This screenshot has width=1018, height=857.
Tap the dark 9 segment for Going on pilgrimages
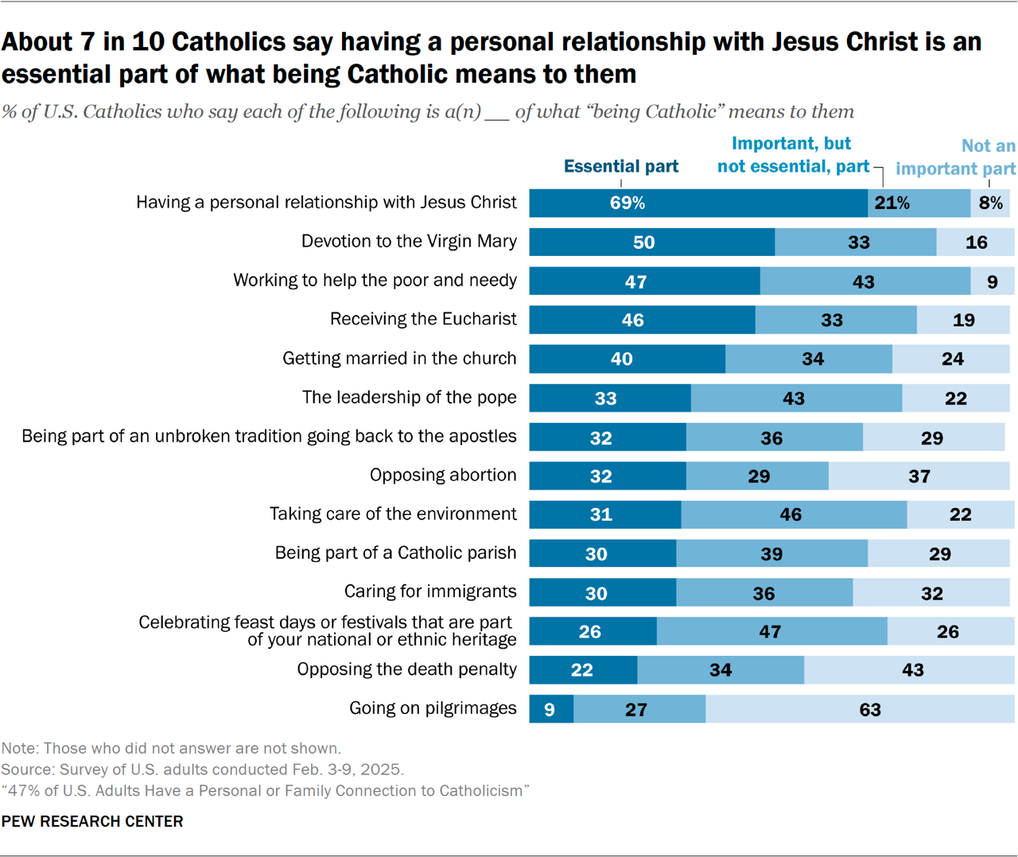coord(551,709)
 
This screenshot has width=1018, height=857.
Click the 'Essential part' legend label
coord(620,166)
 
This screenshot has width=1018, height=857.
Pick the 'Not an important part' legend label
coord(955,157)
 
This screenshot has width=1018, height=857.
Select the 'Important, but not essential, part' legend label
coord(793,155)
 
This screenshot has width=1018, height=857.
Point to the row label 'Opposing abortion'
coord(443,475)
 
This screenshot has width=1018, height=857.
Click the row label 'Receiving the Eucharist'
coord(423,320)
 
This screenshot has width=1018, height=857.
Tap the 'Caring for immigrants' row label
coord(430,592)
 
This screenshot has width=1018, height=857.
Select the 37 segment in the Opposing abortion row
coord(919,476)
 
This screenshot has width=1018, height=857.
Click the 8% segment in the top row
coord(990,203)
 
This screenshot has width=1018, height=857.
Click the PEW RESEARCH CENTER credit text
coord(92,821)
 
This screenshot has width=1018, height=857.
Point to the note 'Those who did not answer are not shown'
coord(171,748)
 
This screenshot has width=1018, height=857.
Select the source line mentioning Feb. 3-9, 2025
coord(203,770)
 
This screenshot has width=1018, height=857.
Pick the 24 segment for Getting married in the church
coord(951,359)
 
